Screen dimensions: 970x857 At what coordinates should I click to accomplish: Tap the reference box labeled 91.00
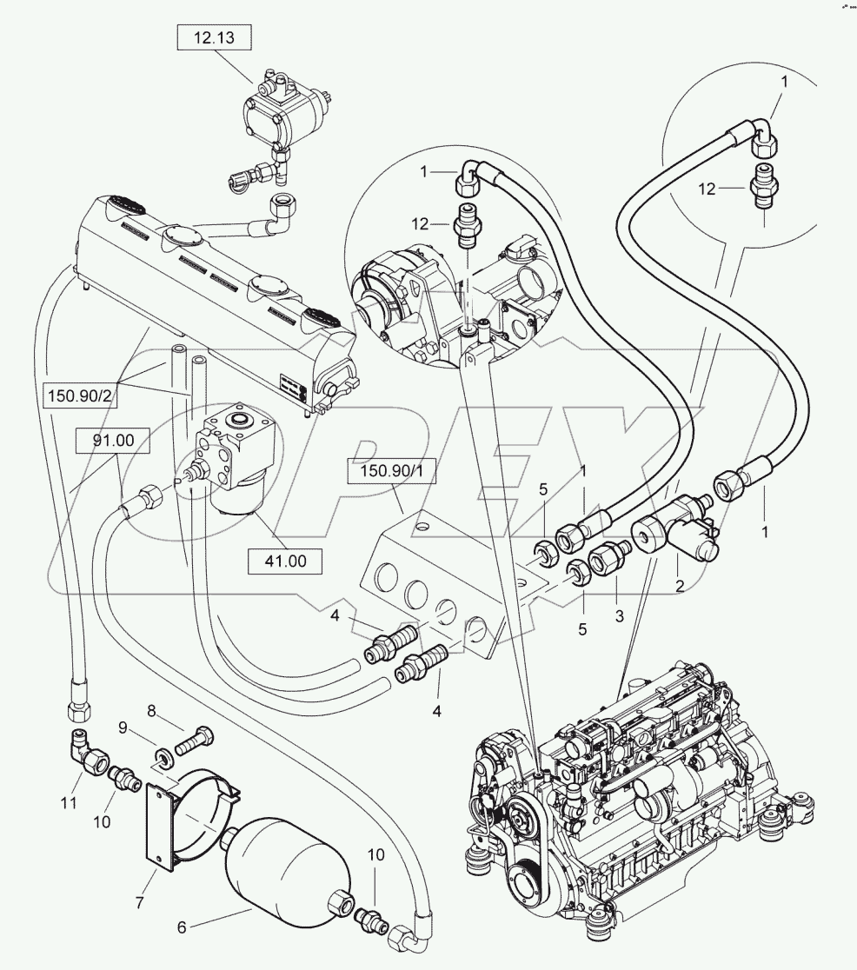tap(112, 441)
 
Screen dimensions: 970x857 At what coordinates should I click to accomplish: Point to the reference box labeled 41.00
tap(285, 561)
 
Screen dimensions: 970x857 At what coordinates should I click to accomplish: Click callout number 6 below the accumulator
tap(182, 927)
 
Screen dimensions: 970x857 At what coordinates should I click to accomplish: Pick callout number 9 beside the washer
tap(123, 727)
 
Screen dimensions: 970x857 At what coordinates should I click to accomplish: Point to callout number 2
tap(679, 588)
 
